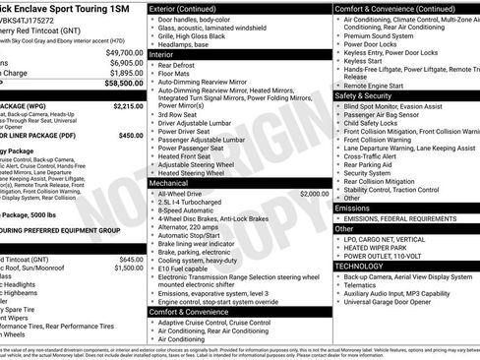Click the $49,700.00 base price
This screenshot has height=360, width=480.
[x=122, y=51]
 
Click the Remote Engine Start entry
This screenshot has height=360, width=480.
[x=378, y=85]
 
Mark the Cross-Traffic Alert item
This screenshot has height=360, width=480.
[x=374, y=155]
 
